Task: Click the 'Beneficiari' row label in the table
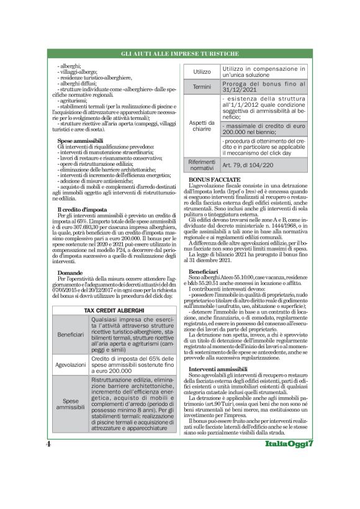tap(70, 335)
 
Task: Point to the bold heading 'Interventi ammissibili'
tap(218, 352)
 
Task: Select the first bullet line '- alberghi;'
tap(70, 65)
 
